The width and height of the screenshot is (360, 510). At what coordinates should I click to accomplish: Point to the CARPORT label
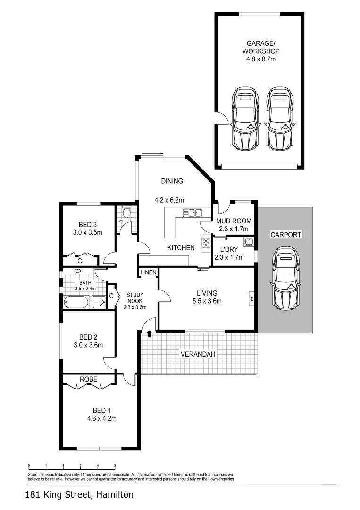tap(285, 234)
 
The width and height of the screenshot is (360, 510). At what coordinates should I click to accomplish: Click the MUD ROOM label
tap(234, 221)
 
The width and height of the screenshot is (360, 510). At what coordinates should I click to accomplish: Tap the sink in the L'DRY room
tap(249, 242)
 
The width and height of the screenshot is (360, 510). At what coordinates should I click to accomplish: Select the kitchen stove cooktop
tap(206, 243)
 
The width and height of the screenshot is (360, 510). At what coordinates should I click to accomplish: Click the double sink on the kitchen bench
tap(193, 213)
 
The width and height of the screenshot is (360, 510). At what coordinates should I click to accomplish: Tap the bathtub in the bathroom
tap(76, 302)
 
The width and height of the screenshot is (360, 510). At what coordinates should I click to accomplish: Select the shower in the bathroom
tap(99, 302)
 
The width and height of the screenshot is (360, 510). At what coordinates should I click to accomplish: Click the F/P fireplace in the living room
tap(251, 299)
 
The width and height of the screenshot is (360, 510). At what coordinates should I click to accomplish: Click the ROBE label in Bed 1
tap(88, 379)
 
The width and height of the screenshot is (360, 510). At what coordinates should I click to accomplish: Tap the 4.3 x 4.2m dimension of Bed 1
tap(101, 418)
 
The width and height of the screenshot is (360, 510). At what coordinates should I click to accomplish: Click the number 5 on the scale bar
tap(115, 465)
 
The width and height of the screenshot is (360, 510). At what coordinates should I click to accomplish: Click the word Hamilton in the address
tap(115, 495)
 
